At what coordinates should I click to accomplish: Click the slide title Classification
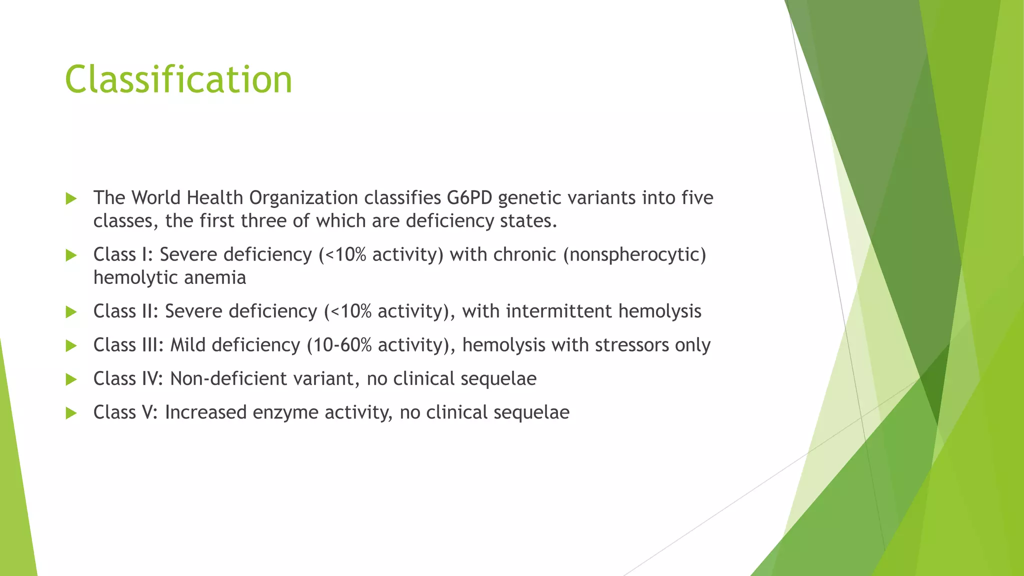[178, 79]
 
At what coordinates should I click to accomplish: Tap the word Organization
[303, 198]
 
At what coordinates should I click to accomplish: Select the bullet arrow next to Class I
[71, 255]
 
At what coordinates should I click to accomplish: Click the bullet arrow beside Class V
[71, 413]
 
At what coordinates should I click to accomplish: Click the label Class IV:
[128, 379]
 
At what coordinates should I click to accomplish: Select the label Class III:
[128, 345]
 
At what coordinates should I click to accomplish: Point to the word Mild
[187, 345]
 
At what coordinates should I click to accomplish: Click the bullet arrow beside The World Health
[71, 199]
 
